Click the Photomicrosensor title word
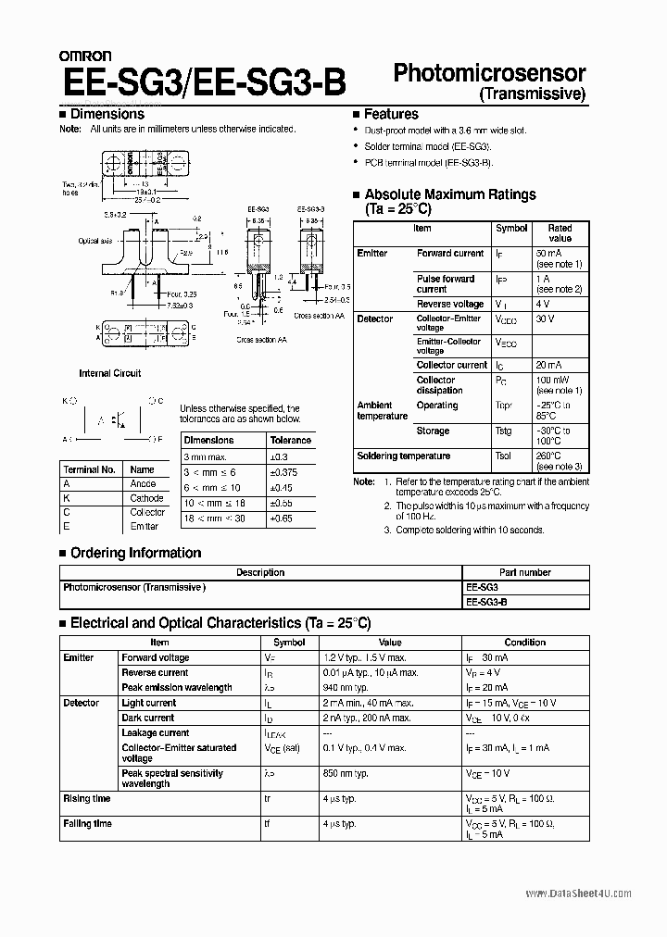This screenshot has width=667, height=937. [489, 74]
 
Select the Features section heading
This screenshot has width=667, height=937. [390, 114]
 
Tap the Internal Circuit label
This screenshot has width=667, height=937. [109, 373]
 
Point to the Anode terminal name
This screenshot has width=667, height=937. [143, 484]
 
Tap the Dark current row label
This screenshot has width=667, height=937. [147, 718]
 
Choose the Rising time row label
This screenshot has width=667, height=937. [86, 798]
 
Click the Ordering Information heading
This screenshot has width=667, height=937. [135, 553]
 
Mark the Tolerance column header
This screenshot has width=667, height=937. [290, 441]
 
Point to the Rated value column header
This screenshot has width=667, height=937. [560, 232]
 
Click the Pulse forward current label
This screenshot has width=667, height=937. [445, 283]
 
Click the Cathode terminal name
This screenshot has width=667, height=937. [146, 498]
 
